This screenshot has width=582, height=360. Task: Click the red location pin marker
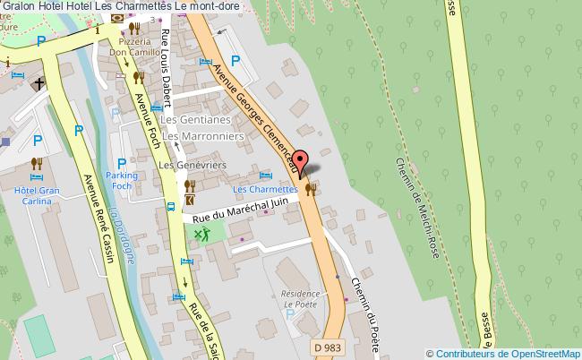[x=302, y=161]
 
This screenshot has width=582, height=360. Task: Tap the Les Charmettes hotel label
[x=264, y=190]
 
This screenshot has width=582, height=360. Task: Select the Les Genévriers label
[x=192, y=166]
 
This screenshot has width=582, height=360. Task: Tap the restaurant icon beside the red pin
[x=311, y=188]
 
